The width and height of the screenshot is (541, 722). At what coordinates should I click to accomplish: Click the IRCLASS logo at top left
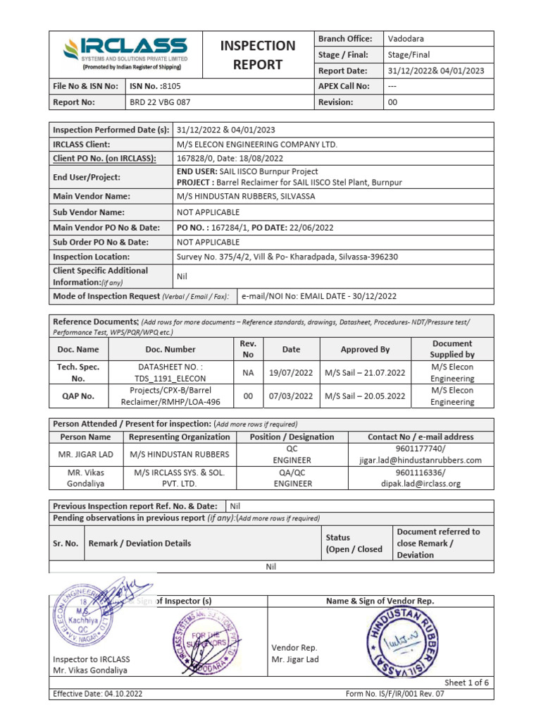tap(125, 54)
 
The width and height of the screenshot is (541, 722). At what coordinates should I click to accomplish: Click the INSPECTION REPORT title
tap(258, 55)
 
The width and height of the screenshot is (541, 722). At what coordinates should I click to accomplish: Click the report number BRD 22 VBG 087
tap(161, 102)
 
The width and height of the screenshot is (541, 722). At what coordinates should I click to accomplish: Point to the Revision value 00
tap(393, 102)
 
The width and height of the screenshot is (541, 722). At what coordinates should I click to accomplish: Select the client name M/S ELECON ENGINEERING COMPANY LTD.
tap(256, 145)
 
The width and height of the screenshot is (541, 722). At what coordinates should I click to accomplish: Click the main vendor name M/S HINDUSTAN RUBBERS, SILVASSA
tap(245, 197)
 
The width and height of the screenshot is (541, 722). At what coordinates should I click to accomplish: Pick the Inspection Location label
tap(91, 257)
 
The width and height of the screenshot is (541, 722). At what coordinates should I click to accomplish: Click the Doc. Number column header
tap(170, 349)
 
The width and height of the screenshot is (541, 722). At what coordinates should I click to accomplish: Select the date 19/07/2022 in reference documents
tap(291, 372)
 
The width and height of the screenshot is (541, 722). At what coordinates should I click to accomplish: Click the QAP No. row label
tap(78, 396)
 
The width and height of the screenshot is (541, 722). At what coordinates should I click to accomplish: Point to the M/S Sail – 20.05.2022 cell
tap(365, 396)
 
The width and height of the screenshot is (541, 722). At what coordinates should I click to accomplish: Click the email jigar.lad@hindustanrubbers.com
tap(420, 460)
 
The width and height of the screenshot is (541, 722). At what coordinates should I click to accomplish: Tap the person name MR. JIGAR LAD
tap(85, 455)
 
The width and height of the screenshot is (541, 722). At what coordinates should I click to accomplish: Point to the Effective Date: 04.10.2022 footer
tap(98, 695)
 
